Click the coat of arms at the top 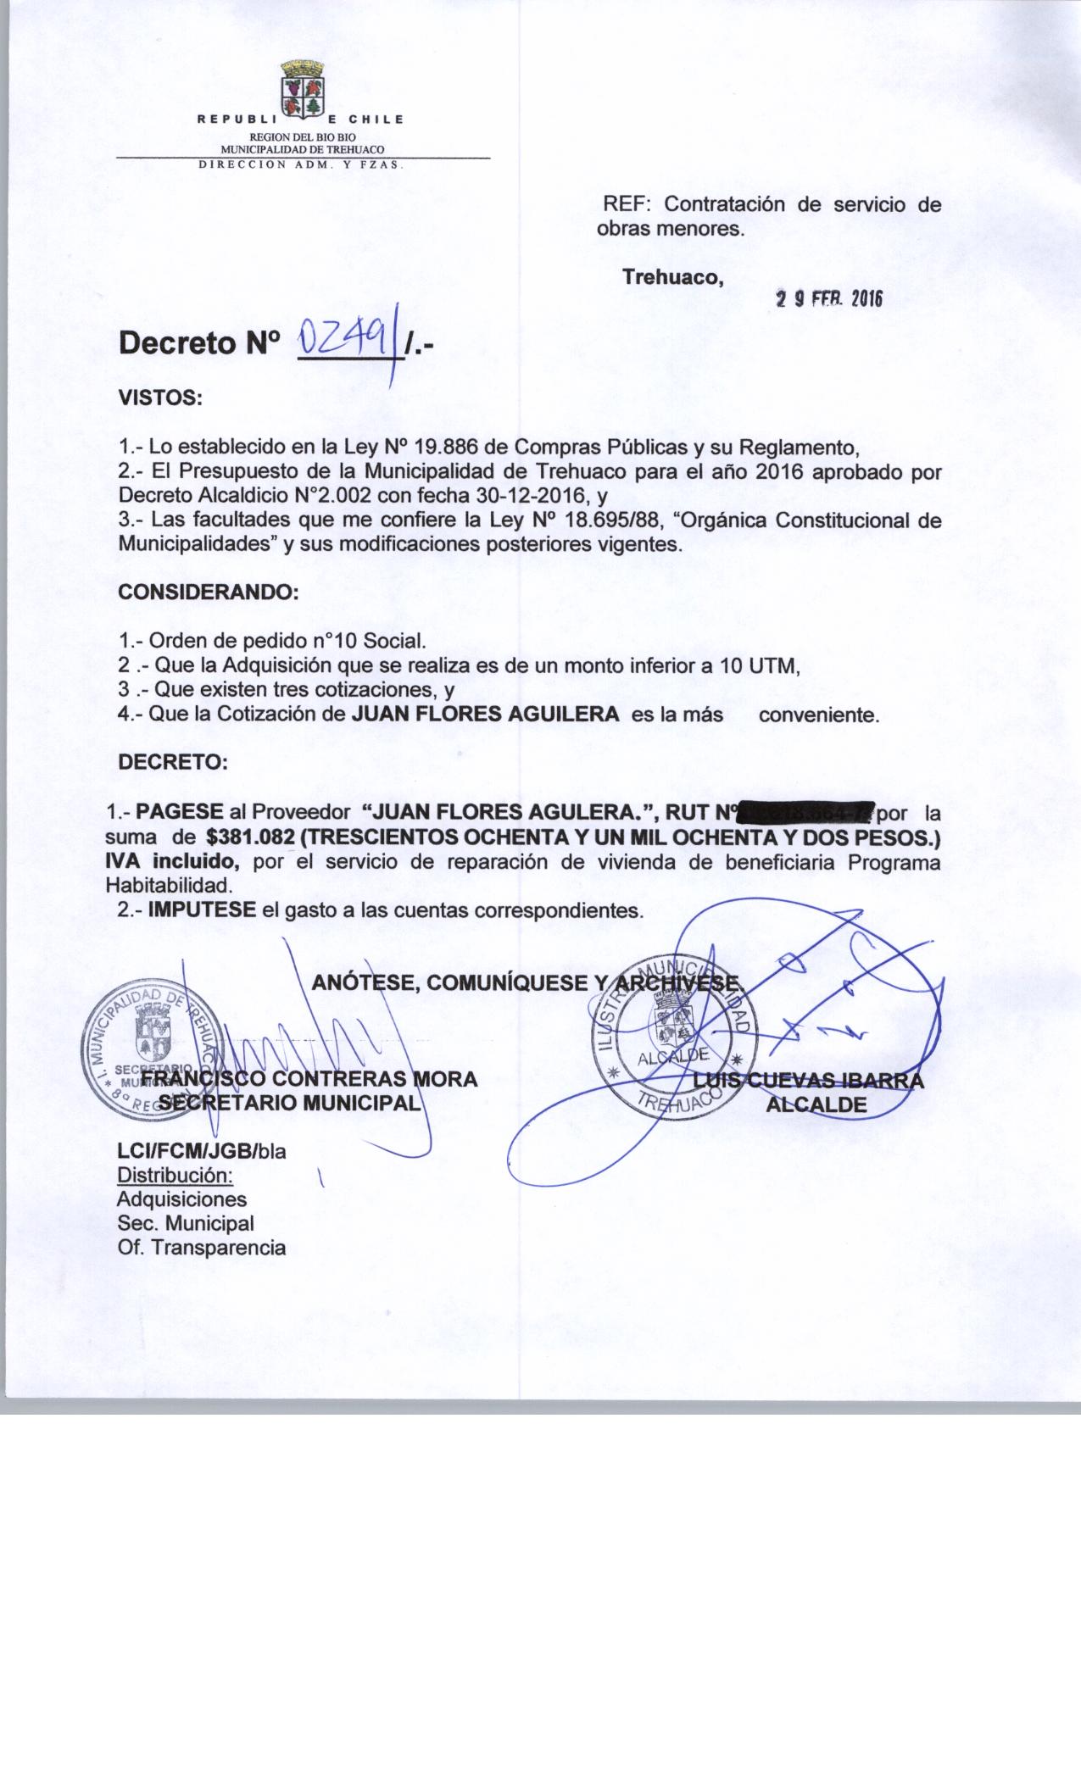[301, 87]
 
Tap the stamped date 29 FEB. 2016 [830, 300]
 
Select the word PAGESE [180, 812]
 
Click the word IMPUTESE [202, 911]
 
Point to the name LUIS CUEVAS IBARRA [808, 1081]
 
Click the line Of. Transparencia [201, 1248]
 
